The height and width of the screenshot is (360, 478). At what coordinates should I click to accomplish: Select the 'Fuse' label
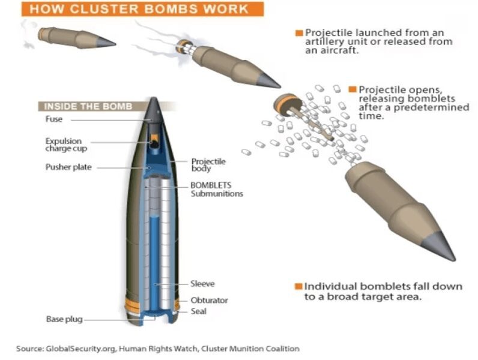point(54,119)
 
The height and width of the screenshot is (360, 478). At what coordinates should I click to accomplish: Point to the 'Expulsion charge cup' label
point(63,145)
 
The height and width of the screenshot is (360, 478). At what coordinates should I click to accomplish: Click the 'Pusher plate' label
point(68,167)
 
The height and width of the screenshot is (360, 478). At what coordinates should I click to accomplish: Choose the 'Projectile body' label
point(208,165)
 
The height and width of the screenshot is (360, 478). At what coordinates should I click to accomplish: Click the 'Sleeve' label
point(202,284)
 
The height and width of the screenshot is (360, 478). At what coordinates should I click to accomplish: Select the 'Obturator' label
point(209,300)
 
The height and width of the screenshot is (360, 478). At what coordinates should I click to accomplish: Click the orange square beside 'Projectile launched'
point(298,32)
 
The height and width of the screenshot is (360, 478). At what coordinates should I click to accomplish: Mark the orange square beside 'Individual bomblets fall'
point(298,286)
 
